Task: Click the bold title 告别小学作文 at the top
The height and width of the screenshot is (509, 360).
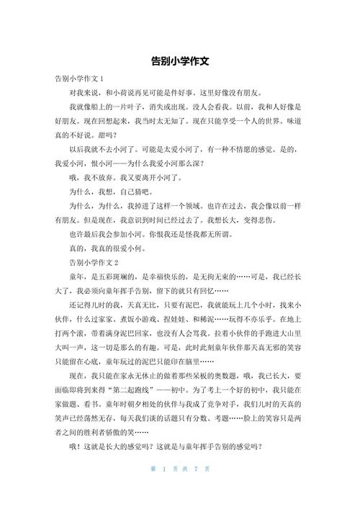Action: tap(180, 63)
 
